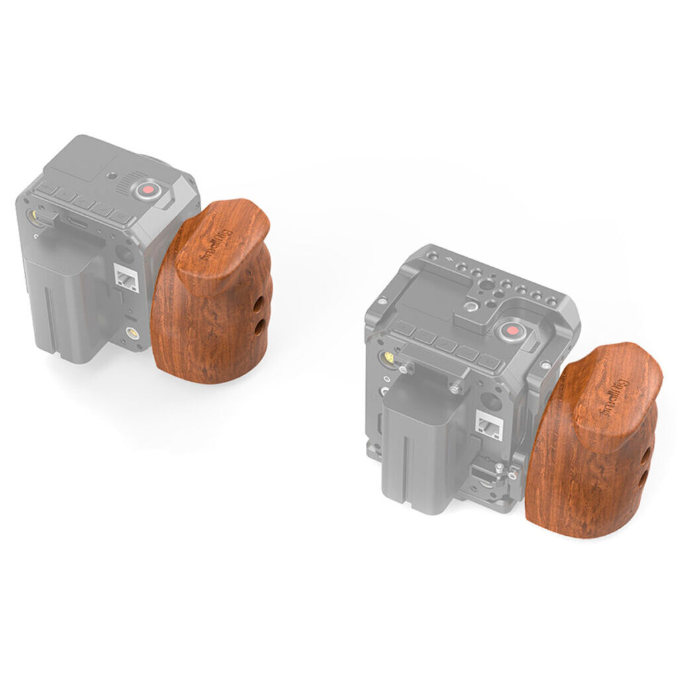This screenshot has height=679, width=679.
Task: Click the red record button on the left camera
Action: pos(149,190)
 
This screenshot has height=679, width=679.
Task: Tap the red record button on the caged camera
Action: pos(513,332)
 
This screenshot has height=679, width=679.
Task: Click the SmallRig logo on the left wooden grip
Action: pos(215,245)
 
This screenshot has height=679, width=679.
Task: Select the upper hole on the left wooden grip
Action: pos(259,313)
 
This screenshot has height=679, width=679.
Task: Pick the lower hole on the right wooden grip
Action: pos(643,477)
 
